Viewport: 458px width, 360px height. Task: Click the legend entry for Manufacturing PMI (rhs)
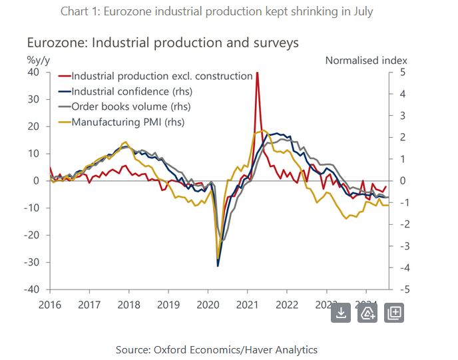(127, 122)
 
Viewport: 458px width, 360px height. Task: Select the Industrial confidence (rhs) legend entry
(130, 91)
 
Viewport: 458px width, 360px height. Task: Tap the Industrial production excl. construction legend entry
(161, 76)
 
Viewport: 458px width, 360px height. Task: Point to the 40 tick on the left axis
(33, 72)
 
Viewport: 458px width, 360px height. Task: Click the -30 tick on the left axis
(31, 262)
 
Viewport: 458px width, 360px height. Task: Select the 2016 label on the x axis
(50, 305)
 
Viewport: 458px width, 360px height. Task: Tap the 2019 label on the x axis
(168, 305)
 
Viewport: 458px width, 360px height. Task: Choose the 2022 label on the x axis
(287, 305)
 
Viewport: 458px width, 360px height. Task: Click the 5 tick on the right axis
(403, 72)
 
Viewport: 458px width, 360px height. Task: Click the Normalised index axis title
(366, 60)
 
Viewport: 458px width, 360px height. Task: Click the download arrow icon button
(341, 312)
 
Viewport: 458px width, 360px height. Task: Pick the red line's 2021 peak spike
(257, 73)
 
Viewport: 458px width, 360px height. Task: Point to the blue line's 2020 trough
(218, 266)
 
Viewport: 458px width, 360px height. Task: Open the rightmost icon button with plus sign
(393, 312)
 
